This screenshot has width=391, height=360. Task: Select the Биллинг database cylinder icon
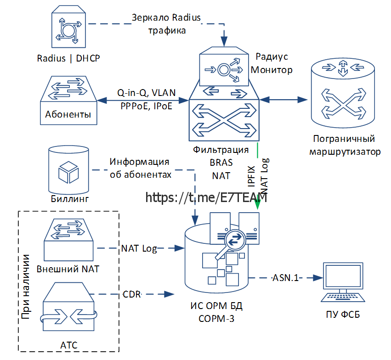68,170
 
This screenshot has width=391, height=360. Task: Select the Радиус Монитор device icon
225,69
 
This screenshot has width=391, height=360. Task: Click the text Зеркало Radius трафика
166,24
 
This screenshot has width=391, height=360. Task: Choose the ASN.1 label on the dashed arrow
285,278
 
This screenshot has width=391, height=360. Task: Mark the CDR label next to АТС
132,293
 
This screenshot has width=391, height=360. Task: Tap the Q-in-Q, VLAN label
146,93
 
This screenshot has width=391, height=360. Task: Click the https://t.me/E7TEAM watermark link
206,197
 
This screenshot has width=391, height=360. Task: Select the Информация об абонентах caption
140,168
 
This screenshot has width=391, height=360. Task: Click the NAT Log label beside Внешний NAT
139,248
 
